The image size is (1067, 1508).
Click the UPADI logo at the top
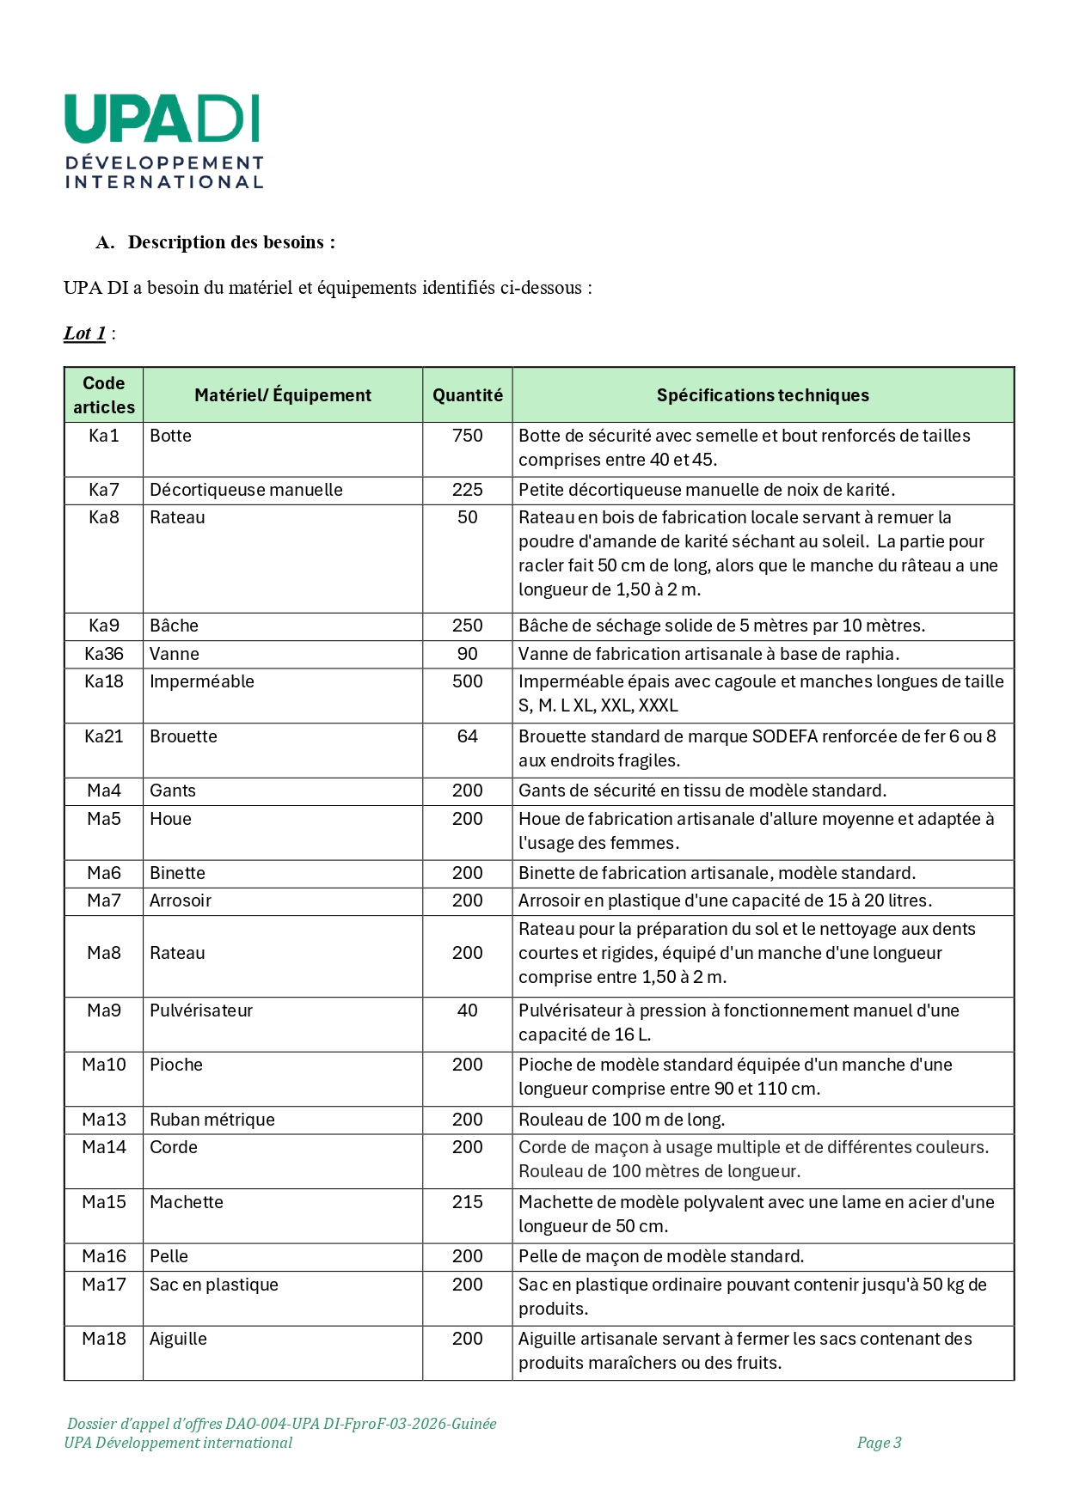[163, 141]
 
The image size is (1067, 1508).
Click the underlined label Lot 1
[84, 333]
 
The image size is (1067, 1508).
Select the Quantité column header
[467, 395]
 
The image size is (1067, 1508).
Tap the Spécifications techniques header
[763, 395]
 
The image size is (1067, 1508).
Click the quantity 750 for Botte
[467, 436]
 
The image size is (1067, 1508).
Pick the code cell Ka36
[104, 654]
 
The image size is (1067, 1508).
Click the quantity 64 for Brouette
[467, 736]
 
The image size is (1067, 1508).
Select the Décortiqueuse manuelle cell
[246, 490]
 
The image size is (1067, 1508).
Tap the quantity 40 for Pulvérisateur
[467, 1010]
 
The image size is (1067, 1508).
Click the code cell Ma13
[104, 1120]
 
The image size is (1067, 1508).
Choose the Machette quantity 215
[467, 1202]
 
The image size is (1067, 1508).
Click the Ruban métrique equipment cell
[212, 1120]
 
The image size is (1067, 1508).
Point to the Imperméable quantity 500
[467, 681]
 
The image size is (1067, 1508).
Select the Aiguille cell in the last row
[178, 1339]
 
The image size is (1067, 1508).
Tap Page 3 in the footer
[879, 1443]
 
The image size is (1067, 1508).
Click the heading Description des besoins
[230, 242]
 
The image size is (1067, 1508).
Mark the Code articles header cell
[104, 395]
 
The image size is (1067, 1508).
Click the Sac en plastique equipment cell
[214, 1285]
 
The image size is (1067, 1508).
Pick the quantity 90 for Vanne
[467, 654]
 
